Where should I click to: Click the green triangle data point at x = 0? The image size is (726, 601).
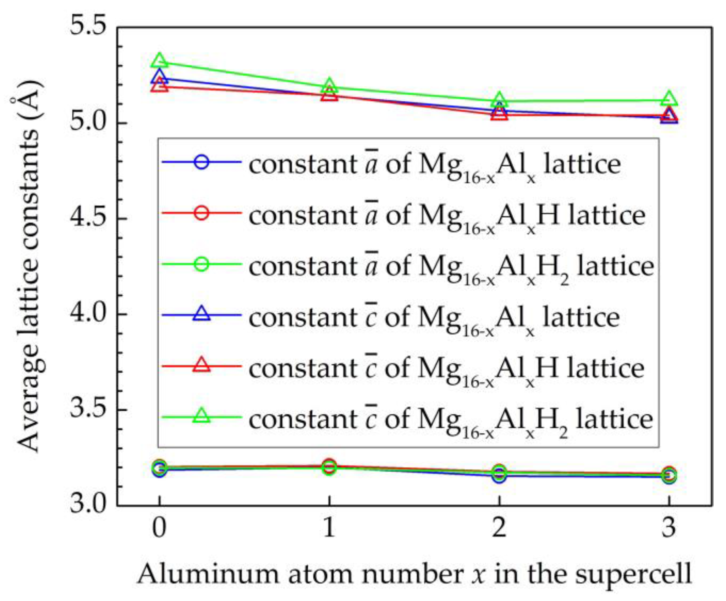coord(159,61)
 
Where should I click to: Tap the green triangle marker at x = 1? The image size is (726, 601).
coord(329,85)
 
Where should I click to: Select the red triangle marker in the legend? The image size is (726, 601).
coord(202,365)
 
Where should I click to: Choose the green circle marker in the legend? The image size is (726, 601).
coord(202,264)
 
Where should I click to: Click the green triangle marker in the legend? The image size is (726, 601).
coord(202,416)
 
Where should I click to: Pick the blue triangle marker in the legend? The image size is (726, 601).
coord(202,314)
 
